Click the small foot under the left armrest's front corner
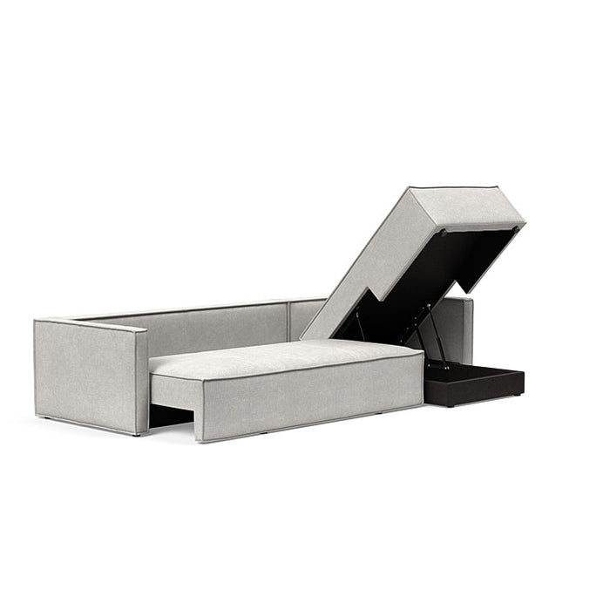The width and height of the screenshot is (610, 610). point(138,432)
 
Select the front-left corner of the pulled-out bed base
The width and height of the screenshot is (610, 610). point(200,436)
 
